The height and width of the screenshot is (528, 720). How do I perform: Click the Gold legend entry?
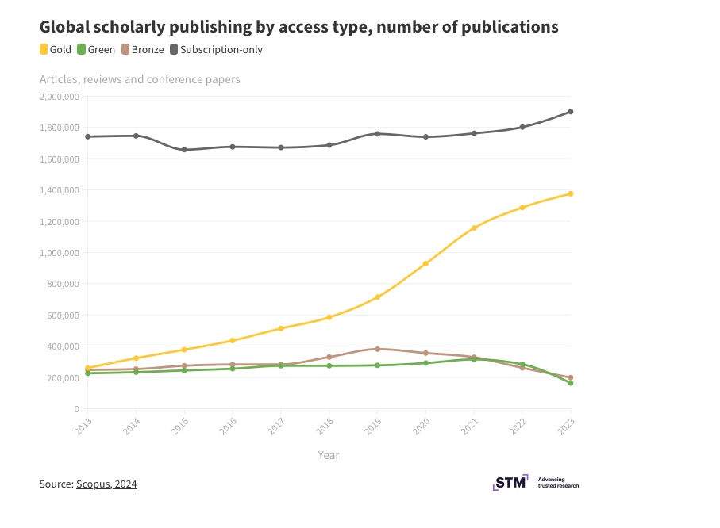click(x=56, y=50)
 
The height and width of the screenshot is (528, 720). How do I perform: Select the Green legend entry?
click(x=96, y=50)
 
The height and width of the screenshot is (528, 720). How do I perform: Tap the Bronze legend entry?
click(x=143, y=50)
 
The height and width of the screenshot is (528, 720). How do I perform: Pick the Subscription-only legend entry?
click(x=215, y=50)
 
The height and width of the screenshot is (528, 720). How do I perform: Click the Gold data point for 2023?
click(x=571, y=193)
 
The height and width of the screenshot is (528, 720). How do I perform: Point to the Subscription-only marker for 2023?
click(x=571, y=112)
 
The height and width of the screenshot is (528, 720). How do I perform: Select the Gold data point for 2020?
click(x=426, y=263)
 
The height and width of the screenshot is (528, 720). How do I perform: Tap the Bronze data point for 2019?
click(x=378, y=349)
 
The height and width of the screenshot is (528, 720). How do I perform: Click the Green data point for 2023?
click(x=571, y=383)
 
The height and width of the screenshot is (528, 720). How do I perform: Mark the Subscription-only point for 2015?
click(x=184, y=150)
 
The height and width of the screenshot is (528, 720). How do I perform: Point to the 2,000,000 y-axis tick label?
click(x=60, y=97)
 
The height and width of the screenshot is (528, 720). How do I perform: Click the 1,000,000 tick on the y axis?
click(x=60, y=253)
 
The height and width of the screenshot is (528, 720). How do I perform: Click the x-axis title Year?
click(x=329, y=455)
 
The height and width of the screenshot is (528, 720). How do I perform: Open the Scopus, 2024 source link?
click(x=106, y=484)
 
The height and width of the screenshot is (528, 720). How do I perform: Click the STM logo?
click(x=510, y=482)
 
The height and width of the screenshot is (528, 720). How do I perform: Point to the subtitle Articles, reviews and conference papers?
click(x=140, y=79)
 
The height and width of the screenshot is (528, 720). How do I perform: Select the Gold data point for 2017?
click(x=281, y=328)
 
